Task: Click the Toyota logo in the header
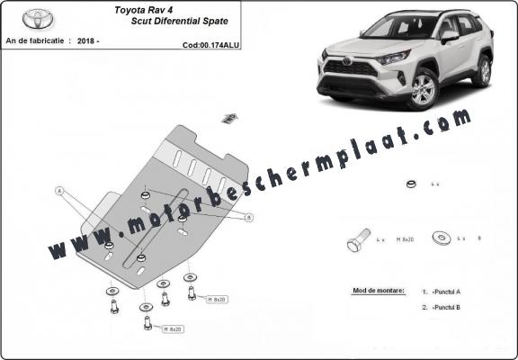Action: click(x=38, y=18)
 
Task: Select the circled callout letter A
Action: click(x=59, y=191)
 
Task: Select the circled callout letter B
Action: click(x=248, y=217)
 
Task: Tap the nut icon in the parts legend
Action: click(x=409, y=185)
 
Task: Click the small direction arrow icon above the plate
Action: click(x=229, y=117)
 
